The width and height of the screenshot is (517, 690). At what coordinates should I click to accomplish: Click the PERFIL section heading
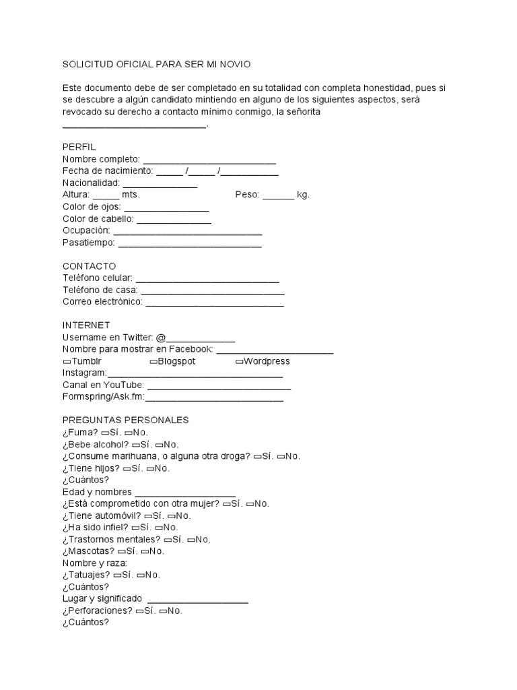[79, 147]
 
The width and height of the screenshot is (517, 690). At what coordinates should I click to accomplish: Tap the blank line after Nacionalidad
[160, 184]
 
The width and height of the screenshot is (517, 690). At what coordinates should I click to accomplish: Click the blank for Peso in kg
[278, 195]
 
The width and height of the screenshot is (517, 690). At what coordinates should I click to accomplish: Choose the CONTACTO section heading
[89, 266]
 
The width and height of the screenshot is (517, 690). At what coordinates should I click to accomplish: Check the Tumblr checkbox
[67, 362]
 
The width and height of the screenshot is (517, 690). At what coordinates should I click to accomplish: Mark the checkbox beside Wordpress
[239, 362]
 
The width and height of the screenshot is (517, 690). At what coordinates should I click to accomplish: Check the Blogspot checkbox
[153, 362]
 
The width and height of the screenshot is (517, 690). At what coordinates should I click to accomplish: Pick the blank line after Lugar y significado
[197, 600]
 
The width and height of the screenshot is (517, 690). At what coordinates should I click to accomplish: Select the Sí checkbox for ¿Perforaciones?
[139, 611]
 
